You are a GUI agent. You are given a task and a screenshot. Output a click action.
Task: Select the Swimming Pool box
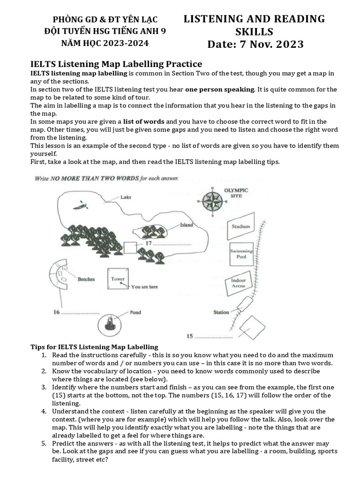(x=241, y=254)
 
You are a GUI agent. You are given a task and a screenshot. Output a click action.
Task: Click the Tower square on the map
(x=118, y=280)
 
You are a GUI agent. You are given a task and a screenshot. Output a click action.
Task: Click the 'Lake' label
(x=126, y=197)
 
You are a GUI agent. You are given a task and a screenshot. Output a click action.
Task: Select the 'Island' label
(x=186, y=225)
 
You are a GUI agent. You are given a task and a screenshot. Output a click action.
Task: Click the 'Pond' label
(x=135, y=312)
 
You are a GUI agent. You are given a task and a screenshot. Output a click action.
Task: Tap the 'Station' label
(x=221, y=312)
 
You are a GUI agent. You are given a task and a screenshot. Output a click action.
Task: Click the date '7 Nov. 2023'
(x=255, y=45)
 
